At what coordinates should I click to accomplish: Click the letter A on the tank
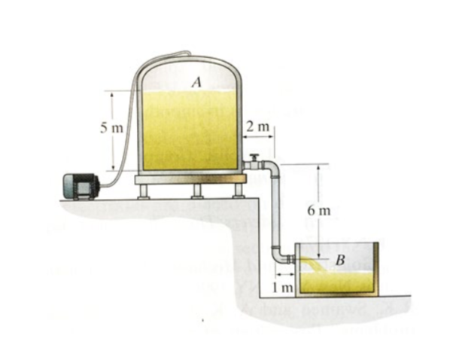tap(196, 82)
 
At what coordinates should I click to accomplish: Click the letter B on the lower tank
tap(340, 260)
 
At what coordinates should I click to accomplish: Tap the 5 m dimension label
tap(111, 128)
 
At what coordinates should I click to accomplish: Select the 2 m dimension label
tap(258, 127)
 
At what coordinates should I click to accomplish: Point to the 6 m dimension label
tap(319, 211)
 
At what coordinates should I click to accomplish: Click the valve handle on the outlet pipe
tap(254, 157)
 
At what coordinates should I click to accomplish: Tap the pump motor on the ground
tap(81, 186)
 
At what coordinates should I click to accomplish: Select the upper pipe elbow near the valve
tap(272, 167)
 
